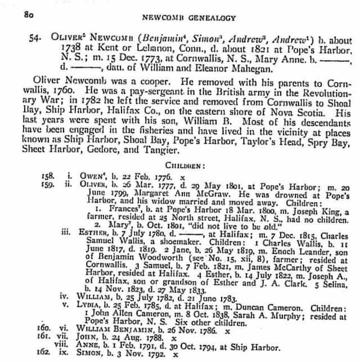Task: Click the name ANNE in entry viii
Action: tap(84, 347)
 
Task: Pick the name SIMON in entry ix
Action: tap(85, 356)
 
